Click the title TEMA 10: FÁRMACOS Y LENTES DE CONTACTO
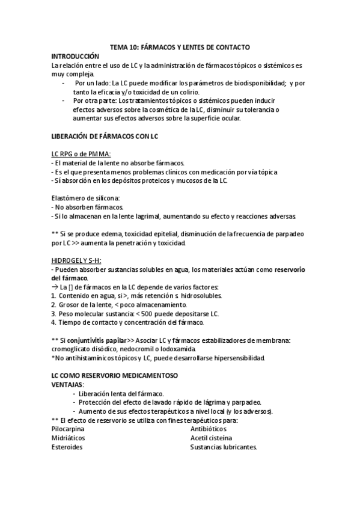pyautogui.click(x=180, y=46)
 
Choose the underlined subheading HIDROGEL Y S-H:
pyautogui.click(x=76, y=260)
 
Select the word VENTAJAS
pyautogui.click(x=67, y=384)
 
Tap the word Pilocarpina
pyautogui.click(x=68, y=429)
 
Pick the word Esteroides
pyautogui.click(x=67, y=447)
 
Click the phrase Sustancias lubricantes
pyautogui.click(x=224, y=447)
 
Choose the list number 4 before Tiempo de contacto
pyautogui.click(x=53, y=323)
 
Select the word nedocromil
pyautogui.click(x=141, y=349)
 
